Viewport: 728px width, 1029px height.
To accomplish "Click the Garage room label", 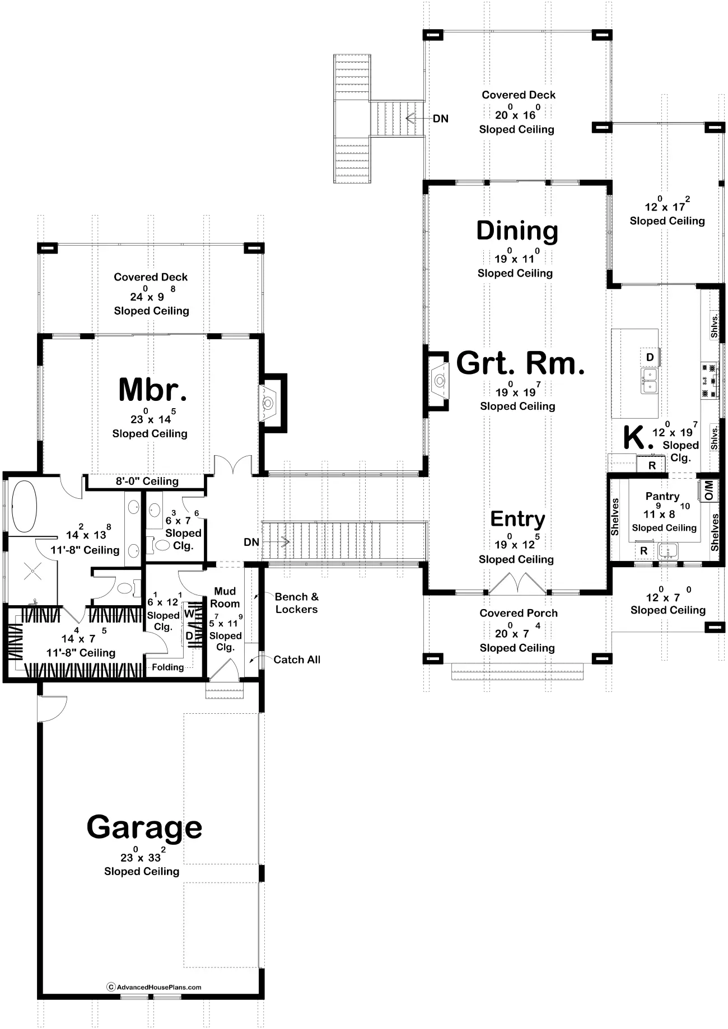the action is pos(144,828).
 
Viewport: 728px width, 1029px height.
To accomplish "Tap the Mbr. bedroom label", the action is pos(152,390).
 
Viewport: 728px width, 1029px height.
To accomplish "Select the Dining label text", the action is pos(517,231).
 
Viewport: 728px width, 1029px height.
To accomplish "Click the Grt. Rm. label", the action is pos(520,363).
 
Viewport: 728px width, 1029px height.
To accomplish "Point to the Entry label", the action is pos(517,519).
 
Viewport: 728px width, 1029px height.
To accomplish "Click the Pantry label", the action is pos(662,497).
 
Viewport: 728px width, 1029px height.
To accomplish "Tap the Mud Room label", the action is pos(225,597).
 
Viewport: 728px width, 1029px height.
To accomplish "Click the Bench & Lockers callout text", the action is pos(297,603).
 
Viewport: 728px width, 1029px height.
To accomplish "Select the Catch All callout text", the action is pos(297,660).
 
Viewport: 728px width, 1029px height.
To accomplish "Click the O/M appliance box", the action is pos(708,490).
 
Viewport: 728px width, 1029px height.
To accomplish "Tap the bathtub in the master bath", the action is pos(24,506).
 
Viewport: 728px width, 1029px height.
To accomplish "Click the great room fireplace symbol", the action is pos(440,381).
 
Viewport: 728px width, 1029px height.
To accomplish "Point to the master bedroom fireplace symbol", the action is pos(268,403).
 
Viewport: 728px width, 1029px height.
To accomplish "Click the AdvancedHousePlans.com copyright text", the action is pos(154,987).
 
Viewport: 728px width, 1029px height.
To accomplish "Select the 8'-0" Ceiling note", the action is pos(147,481).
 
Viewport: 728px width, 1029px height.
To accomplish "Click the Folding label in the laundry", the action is pos(167,667).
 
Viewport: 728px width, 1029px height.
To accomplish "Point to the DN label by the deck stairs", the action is pos(441,119).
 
